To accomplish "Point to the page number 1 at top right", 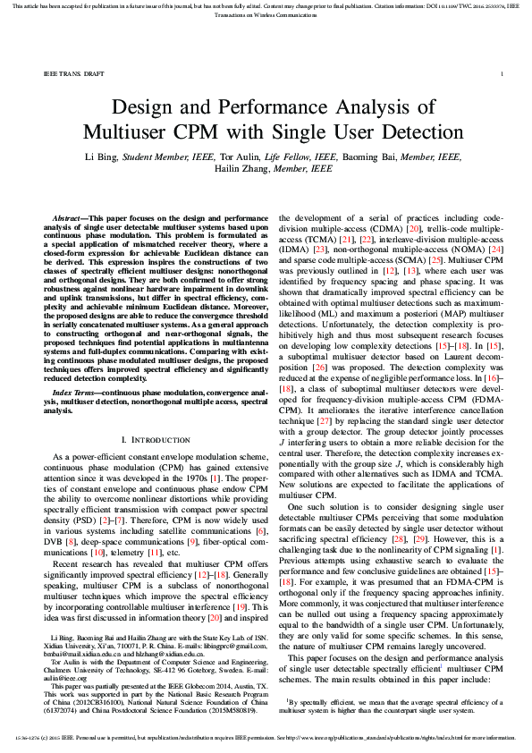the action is pos(502,73).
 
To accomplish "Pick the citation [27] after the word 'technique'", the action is pos(321,419).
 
